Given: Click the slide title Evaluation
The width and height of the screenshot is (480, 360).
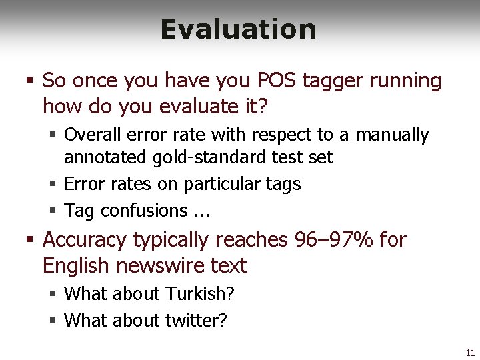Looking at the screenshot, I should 238,29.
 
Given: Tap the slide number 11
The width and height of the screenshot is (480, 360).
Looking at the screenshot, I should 470,352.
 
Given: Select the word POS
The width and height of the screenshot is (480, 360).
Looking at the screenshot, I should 277,81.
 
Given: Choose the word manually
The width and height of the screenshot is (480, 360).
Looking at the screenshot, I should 392,135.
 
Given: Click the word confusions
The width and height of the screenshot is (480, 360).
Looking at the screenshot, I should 139,211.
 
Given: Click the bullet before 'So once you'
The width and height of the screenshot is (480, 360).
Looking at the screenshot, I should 30,81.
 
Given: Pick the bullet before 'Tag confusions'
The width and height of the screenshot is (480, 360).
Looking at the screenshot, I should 52,211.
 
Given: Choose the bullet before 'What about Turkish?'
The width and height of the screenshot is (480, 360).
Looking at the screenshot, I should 52,294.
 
